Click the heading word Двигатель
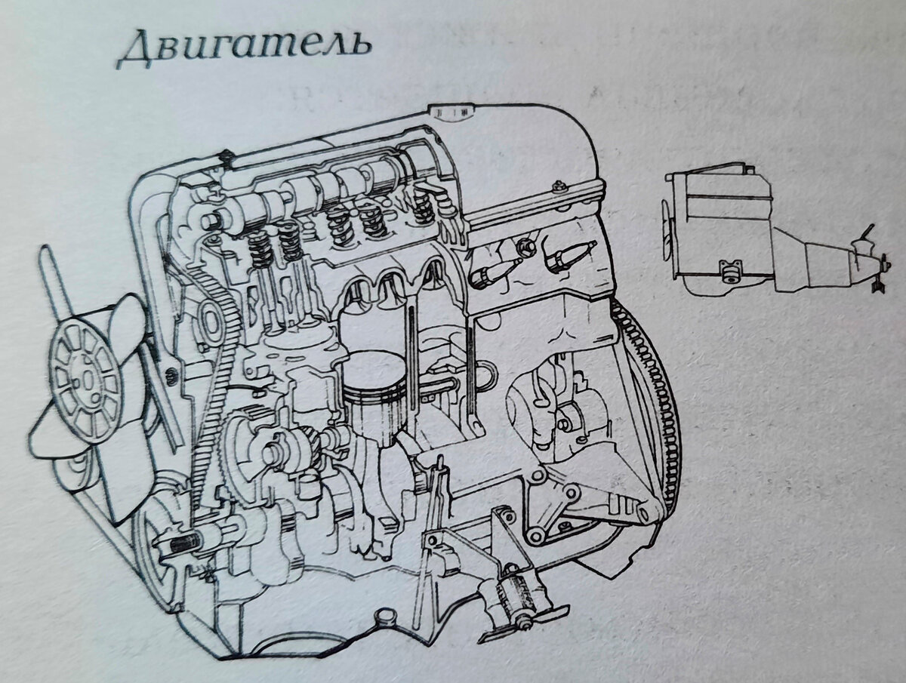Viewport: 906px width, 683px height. pyautogui.click(x=244, y=47)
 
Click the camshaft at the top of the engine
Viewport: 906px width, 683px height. pyautogui.click(x=317, y=189)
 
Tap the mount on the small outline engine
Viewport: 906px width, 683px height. pyautogui.click(x=729, y=272)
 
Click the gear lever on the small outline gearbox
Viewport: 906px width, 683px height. pyautogui.click(x=868, y=234)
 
